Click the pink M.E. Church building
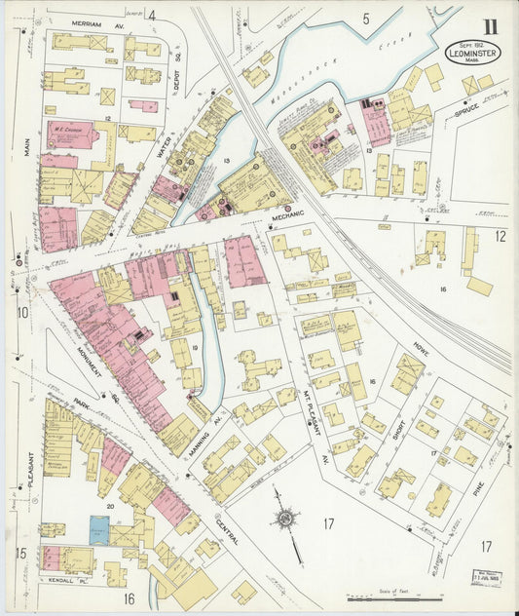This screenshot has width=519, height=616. pyautogui.click(x=74, y=134)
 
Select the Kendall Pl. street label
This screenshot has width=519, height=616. pyautogui.click(x=61, y=579)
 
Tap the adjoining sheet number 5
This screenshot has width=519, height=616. pyautogui.click(x=366, y=18)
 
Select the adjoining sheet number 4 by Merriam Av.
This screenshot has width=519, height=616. pyautogui.click(x=152, y=16)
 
